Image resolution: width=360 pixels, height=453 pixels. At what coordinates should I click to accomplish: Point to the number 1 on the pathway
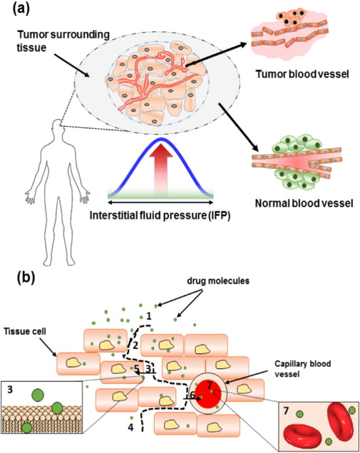coord(150,315)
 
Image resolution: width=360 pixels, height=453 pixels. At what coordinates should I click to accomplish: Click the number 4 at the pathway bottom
coord(130,427)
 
